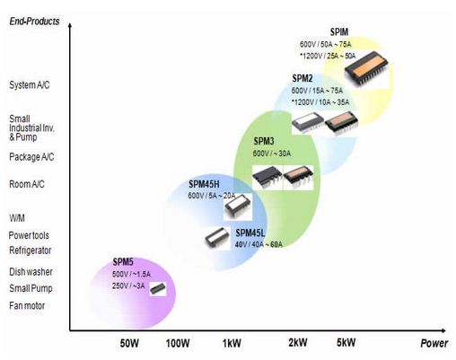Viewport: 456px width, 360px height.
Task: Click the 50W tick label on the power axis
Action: pyautogui.click(x=129, y=343)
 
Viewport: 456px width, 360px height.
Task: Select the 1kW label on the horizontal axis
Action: pyautogui.click(x=232, y=343)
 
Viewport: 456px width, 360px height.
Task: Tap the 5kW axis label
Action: pyautogui.click(x=346, y=342)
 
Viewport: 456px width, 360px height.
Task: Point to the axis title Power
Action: pyautogui.click(x=434, y=343)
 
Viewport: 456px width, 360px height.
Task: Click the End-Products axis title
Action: pyautogui.click(x=34, y=22)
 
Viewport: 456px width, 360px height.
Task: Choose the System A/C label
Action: pyautogui.click(x=30, y=85)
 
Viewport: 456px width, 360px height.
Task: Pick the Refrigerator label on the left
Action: pyautogui.click(x=31, y=250)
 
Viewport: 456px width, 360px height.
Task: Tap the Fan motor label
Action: pyautogui.click(x=27, y=305)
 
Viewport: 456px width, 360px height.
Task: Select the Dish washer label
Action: pyautogui.click(x=31, y=272)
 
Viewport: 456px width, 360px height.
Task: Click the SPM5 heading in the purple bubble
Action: pyautogui.click(x=123, y=262)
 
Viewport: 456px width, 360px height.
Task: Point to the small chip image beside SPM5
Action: pyautogui.click(x=158, y=289)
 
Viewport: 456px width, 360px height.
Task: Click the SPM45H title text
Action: pyautogui.click(x=204, y=184)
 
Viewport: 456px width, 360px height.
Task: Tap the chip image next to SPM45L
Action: pyautogui.click(x=217, y=238)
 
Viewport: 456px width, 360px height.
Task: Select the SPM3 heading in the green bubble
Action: pyautogui.click(x=264, y=141)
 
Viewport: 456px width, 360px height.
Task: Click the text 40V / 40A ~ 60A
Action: pyautogui.click(x=259, y=244)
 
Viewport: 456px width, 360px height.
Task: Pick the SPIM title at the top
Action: pyautogui.click(x=339, y=32)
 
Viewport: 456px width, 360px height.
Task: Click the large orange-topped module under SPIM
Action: pyautogui.click(x=366, y=69)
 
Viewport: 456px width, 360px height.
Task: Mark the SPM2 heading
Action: pyautogui.click(x=303, y=78)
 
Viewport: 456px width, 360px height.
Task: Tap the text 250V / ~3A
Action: pyautogui.click(x=128, y=285)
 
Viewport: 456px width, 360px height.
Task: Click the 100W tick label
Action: pyautogui.click(x=178, y=343)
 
